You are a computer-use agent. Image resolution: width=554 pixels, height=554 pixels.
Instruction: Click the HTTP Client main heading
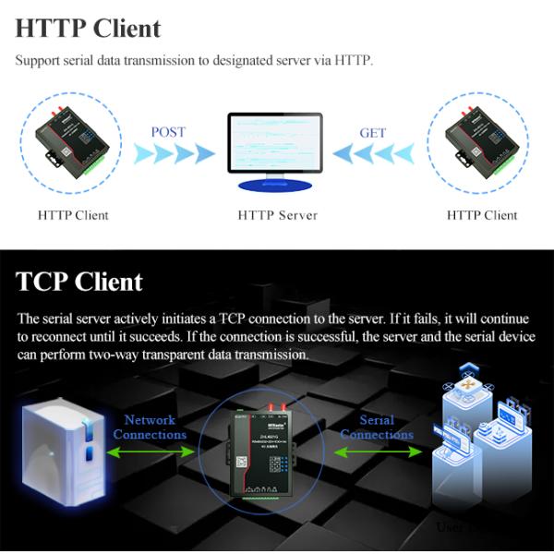click(x=88, y=28)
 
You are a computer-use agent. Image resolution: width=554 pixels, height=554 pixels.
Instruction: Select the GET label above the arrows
click(x=373, y=133)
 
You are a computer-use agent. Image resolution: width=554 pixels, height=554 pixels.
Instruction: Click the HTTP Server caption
click(x=277, y=215)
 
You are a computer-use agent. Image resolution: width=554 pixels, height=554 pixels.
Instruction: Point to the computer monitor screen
click(x=275, y=143)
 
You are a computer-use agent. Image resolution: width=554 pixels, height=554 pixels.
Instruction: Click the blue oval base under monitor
click(x=275, y=186)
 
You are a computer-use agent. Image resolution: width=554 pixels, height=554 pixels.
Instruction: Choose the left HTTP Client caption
click(x=73, y=215)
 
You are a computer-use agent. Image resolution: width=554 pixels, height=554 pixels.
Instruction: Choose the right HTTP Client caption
click(x=482, y=215)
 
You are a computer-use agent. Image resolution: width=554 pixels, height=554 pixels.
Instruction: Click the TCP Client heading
click(x=79, y=282)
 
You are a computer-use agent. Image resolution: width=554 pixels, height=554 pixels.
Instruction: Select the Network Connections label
click(x=150, y=427)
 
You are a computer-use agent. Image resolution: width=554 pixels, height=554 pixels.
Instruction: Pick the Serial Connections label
click(x=377, y=427)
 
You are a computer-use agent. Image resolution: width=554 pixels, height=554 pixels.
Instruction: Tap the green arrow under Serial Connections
click(x=377, y=452)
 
